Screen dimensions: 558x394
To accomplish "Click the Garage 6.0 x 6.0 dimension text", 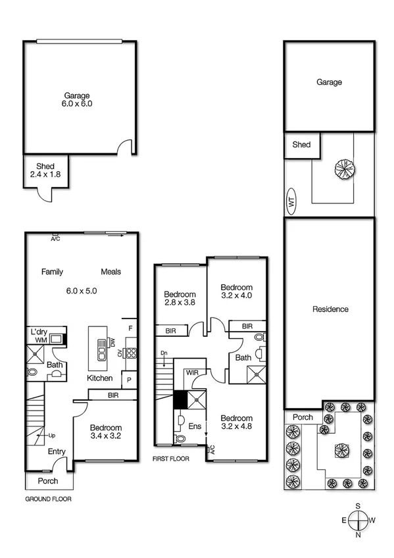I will (x=77, y=103).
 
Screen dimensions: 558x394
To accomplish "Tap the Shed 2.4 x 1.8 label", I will (x=46, y=170).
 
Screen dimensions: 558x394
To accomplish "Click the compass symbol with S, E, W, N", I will (x=358, y=520).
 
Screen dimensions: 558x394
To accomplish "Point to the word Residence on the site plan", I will (x=330, y=309).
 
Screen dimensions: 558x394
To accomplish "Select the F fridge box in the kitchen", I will (x=130, y=328).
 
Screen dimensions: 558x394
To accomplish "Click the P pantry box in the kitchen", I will (x=129, y=380).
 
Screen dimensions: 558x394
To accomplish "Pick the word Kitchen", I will (x=100, y=378).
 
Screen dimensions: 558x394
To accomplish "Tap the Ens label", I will (x=194, y=427).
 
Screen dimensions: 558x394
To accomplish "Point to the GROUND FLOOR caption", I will (x=48, y=499).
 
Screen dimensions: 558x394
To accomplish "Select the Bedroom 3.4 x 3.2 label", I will (x=105, y=430).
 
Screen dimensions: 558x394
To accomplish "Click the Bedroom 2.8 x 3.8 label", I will (x=180, y=298).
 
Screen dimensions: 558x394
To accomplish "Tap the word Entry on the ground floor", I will (x=56, y=451).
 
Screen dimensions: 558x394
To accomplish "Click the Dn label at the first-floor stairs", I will (x=164, y=354).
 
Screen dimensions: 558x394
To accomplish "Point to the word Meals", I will (x=111, y=272).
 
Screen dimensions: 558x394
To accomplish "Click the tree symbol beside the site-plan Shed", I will (x=343, y=169).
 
